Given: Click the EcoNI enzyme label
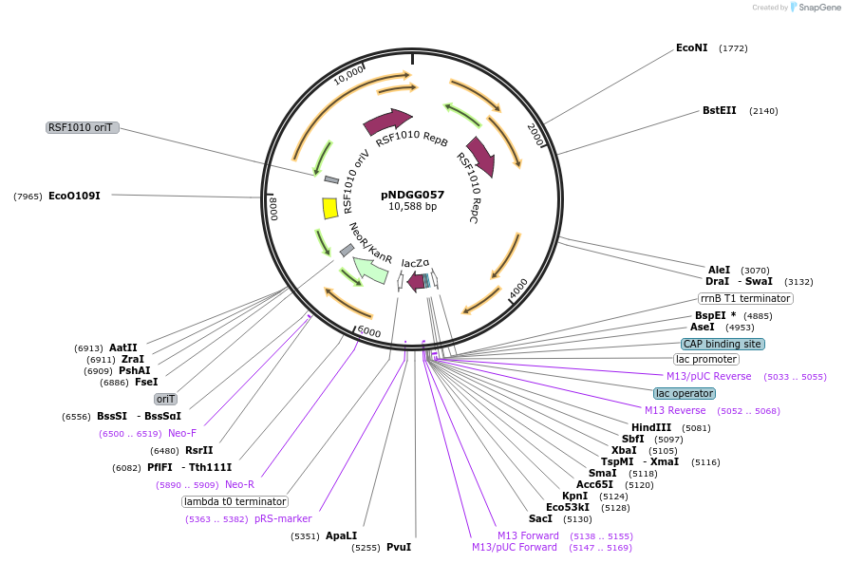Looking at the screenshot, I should click(x=691, y=47).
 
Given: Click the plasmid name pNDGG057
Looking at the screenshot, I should click(x=412, y=194).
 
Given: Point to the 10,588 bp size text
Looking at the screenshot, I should click(x=412, y=206).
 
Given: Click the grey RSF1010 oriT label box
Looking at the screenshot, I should click(x=83, y=127).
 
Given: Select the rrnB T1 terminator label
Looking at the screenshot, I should click(x=745, y=298).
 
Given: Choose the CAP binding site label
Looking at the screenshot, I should click(x=723, y=344).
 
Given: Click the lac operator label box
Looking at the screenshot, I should click(x=685, y=393).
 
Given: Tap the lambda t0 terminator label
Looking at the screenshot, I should click(x=235, y=501).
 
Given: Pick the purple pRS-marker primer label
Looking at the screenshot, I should click(x=283, y=518).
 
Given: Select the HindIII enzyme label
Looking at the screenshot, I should click(x=651, y=427).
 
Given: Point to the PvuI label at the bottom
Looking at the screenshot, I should click(x=399, y=547).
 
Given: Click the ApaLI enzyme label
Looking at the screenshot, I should click(x=341, y=535).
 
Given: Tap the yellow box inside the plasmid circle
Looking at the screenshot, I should click(x=330, y=208).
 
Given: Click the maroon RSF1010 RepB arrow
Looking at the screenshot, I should click(x=387, y=122).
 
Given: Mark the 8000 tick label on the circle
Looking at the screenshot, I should click(x=273, y=208).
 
